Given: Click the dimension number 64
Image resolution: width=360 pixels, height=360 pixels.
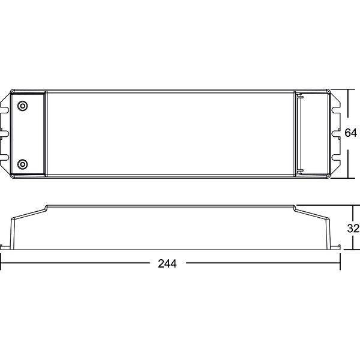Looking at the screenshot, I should pyautogui.click(x=351, y=133).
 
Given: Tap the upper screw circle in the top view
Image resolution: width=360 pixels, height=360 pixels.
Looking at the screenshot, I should pyautogui.click(x=23, y=106).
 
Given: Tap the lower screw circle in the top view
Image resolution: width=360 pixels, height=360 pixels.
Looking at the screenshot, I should pyautogui.click(x=23, y=163).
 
